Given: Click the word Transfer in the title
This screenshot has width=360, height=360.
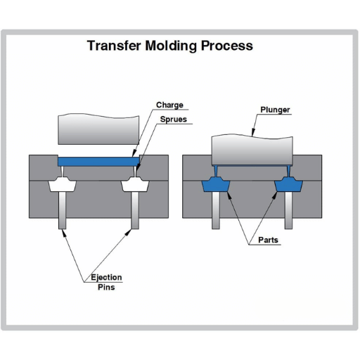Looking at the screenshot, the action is [114, 46].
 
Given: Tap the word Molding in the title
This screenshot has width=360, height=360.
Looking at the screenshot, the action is [171, 46].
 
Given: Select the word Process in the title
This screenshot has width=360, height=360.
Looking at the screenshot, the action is [227, 46].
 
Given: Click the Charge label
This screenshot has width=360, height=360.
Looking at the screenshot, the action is [169, 105].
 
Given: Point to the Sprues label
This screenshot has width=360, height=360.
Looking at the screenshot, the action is [174, 120].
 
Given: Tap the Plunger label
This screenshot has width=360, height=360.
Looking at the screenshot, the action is [275, 110].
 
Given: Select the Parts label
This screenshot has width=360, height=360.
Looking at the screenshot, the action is [268, 240].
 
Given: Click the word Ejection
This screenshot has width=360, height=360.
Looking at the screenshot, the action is [106, 278].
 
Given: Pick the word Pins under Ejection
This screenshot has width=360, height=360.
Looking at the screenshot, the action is [106, 287].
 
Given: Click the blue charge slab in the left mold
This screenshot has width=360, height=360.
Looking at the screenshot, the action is [98, 162].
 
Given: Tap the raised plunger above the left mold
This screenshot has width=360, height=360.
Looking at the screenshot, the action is [98, 129].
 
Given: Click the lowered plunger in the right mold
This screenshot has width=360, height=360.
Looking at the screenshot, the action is [252, 150].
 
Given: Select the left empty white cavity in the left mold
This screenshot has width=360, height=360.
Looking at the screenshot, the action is [62, 184].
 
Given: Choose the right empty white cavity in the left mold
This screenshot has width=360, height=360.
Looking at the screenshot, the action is [135, 184].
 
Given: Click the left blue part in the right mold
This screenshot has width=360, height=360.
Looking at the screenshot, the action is [216, 184].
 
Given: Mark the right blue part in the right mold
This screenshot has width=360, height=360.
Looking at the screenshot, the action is [288, 184].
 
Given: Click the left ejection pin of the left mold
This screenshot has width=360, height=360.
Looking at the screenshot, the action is [63, 210].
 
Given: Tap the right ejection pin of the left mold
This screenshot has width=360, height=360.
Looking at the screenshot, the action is [135, 210].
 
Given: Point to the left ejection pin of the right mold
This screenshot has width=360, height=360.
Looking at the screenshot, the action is [216, 210].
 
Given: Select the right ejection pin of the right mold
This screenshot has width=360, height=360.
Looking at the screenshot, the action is [288, 210].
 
